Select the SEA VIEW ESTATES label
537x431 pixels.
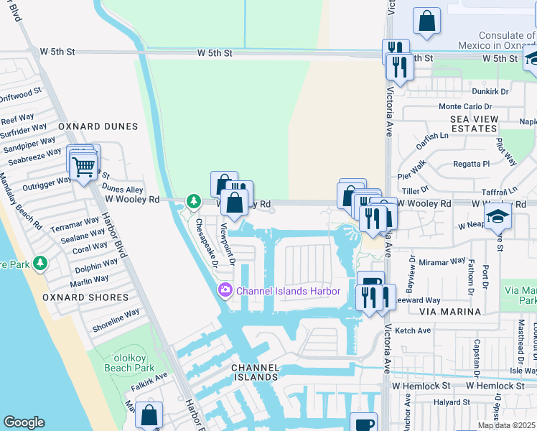coord(474,123)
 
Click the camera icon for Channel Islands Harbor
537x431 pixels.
coord(225,290)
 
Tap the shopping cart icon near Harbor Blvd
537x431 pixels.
coord(84,167)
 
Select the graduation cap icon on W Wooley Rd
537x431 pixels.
coord(498,215)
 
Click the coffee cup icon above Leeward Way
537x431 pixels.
coord(370,282)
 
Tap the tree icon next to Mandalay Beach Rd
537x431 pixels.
coord(40,264)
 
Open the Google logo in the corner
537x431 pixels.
coord(24,422)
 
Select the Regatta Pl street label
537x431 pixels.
coord(471,164)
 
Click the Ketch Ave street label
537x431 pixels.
coord(413,330)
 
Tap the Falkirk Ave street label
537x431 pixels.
coord(149,375)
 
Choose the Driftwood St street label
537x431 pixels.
coord(21,95)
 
